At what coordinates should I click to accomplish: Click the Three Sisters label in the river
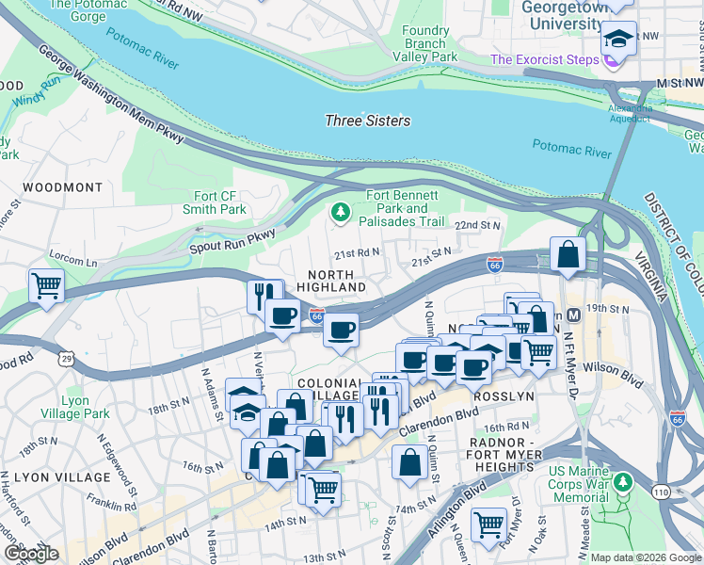pyautogui.click(x=367, y=121)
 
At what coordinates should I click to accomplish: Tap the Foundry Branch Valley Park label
pyautogui.click(x=429, y=44)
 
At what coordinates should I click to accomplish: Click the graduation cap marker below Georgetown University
pyautogui.click(x=618, y=39)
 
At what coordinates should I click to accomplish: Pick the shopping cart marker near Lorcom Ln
pyautogui.click(x=46, y=284)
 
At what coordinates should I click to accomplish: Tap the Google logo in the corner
pyautogui.click(x=31, y=554)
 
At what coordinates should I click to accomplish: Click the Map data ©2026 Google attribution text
pyautogui.click(x=646, y=557)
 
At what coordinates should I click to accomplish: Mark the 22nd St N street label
pyautogui.click(x=478, y=226)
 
